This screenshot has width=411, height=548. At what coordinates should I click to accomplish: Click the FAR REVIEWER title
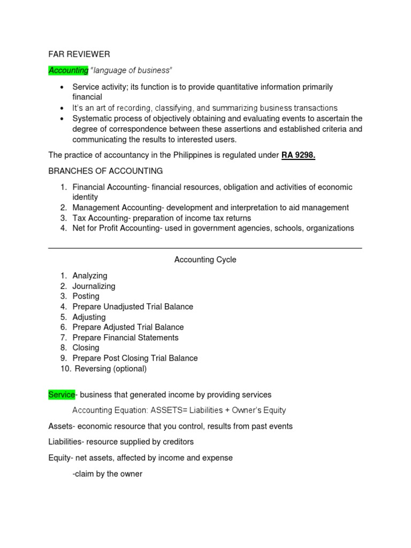tap(79, 54)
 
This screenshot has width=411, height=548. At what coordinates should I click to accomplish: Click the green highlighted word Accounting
tap(68, 70)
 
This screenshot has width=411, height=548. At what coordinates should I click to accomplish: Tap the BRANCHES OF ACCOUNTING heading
tap(105, 171)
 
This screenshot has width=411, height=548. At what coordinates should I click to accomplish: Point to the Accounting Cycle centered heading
tap(205, 260)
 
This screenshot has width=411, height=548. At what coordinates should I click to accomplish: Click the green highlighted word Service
tap(62, 394)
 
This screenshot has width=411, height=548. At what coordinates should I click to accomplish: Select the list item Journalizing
tap(94, 286)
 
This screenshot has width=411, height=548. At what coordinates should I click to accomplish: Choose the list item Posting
tap(86, 296)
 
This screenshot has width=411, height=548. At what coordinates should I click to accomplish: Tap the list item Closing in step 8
tap(86, 347)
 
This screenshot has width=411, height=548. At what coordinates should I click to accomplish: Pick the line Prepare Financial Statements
tap(125, 337)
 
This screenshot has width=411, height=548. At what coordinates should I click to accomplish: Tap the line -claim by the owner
tap(107, 474)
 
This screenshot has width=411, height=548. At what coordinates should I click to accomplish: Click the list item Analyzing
tap(90, 276)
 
